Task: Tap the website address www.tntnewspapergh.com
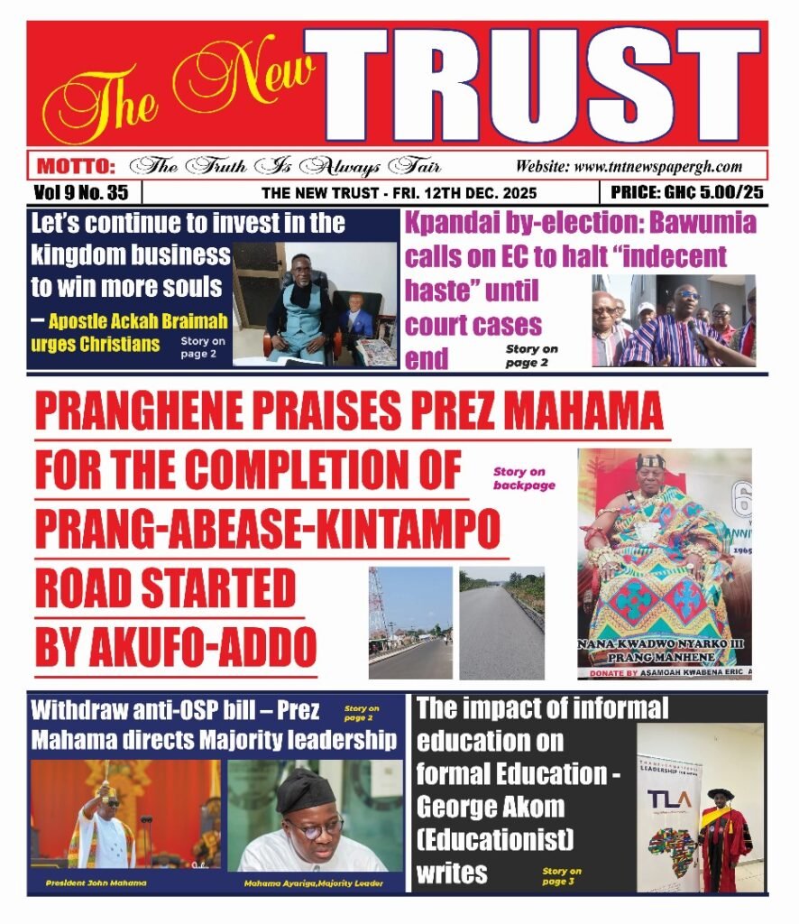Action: tap(629, 166)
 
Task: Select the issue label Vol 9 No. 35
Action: tap(81, 192)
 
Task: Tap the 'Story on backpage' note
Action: tap(524, 478)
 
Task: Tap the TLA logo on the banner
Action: tap(667, 797)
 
